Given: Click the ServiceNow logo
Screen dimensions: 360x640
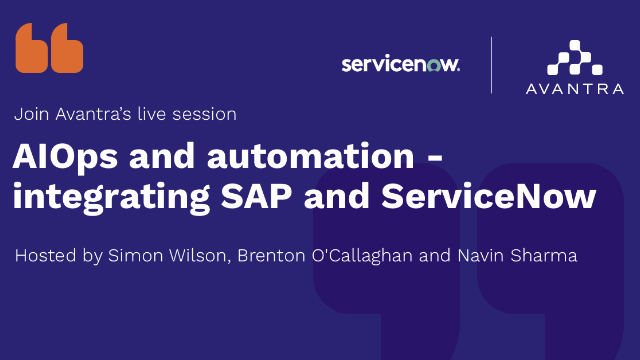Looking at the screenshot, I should point(400,64).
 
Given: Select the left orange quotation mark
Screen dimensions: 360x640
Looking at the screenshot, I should point(31,50).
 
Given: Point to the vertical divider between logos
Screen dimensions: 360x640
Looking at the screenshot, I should point(492,65).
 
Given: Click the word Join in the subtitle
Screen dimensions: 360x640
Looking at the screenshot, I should point(31,114).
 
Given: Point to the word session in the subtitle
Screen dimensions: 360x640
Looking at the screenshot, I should point(206,114).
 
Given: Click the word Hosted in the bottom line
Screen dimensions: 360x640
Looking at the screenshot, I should point(42,256).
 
